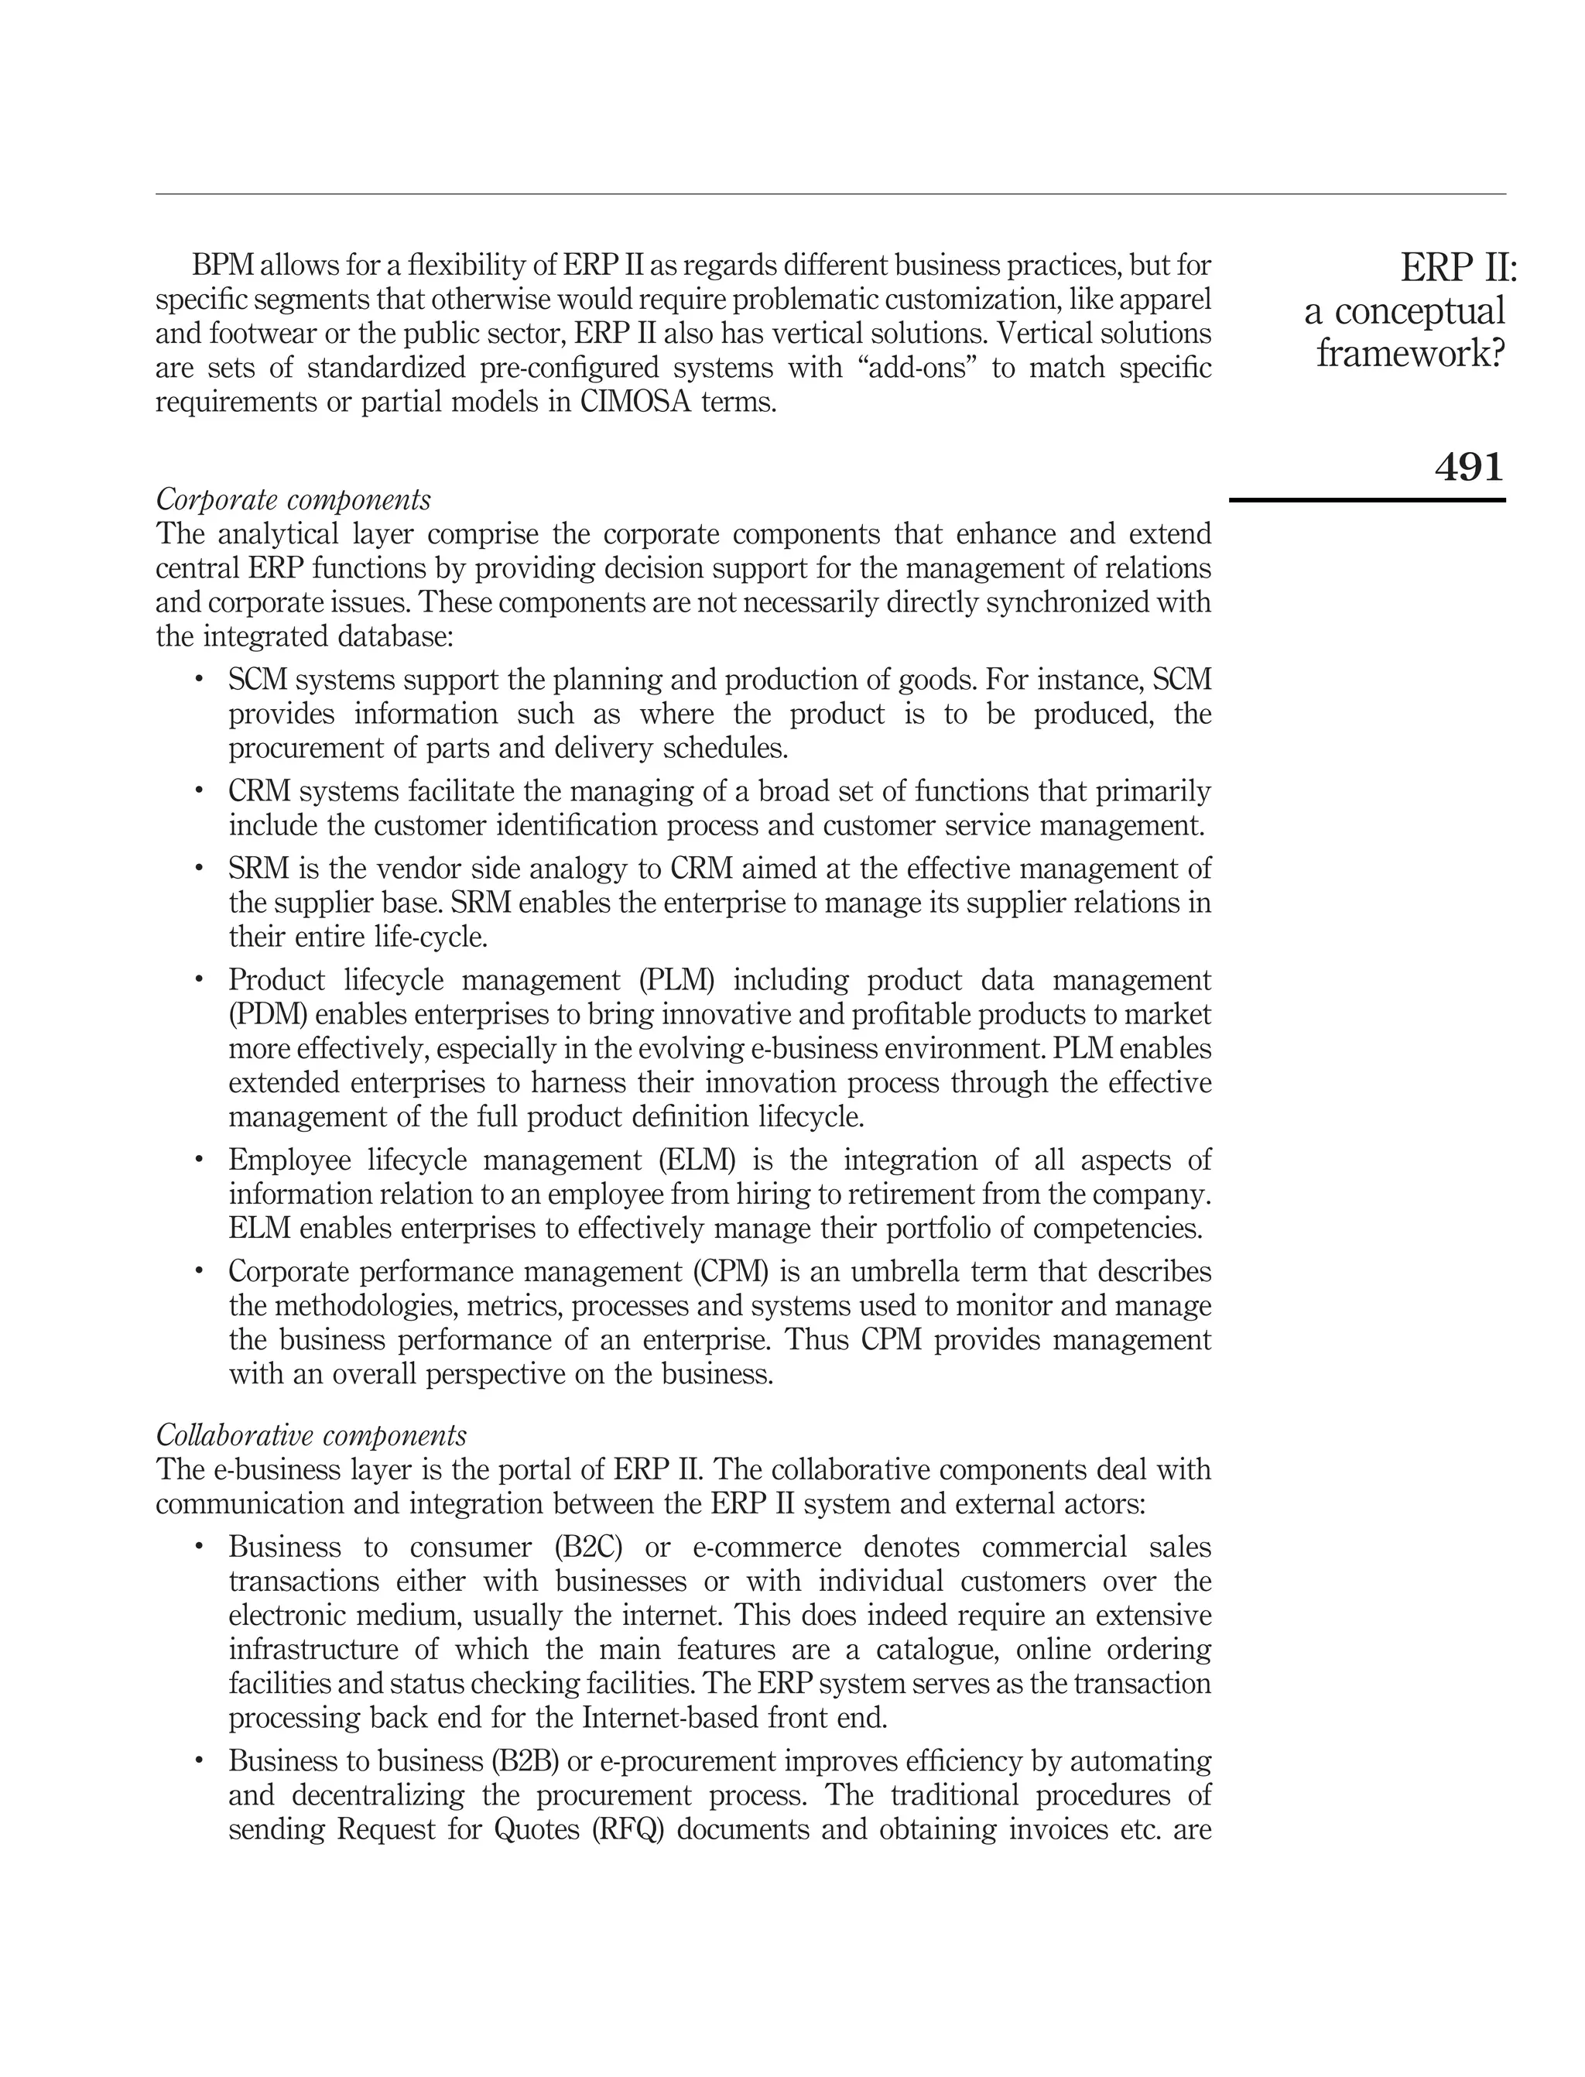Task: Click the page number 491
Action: click(1468, 467)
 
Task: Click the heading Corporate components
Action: click(293, 499)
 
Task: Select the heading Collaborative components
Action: click(310, 1435)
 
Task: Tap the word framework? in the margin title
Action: click(1409, 354)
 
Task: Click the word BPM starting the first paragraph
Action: click(223, 266)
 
